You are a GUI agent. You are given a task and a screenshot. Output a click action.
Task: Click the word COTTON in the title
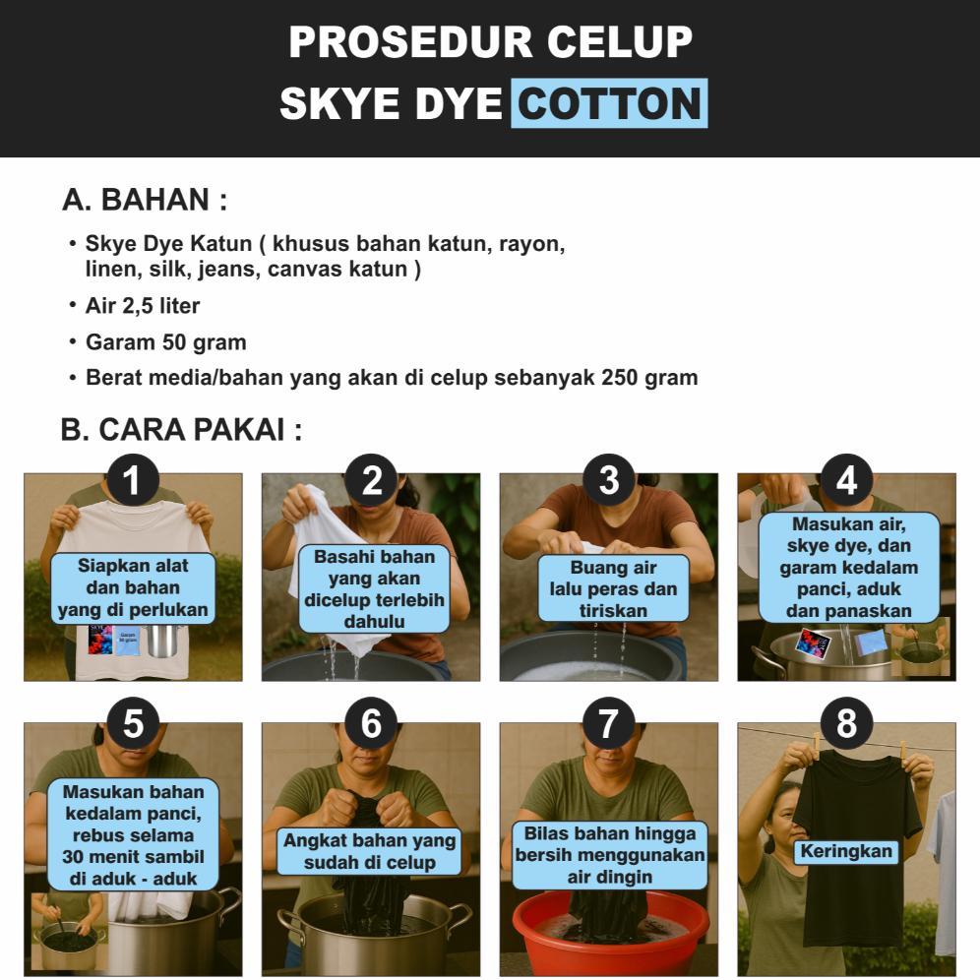click(609, 103)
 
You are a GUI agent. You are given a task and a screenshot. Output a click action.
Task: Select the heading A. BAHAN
click(145, 200)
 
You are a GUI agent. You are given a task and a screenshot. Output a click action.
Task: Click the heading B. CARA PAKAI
click(181, 430)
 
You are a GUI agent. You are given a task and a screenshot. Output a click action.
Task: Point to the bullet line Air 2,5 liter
click(143, 306)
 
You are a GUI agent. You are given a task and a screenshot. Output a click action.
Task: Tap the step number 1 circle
click(133, 480)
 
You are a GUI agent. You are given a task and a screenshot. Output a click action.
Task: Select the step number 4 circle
click(846, 480)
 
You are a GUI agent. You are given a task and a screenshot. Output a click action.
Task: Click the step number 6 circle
click(371, 723)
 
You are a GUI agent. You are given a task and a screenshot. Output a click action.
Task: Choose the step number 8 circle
click(846, 723)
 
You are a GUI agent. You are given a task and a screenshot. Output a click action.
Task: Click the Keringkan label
click(846, 851)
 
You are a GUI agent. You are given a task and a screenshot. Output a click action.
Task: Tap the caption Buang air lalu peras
click(613, 588)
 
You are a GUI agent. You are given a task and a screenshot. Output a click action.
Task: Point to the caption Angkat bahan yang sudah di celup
click(369, 851)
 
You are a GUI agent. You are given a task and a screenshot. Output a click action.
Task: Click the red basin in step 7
click(609, 931)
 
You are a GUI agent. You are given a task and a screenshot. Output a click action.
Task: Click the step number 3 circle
click(609, 480)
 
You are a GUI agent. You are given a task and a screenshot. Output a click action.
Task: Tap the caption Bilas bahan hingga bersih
click(609, 855)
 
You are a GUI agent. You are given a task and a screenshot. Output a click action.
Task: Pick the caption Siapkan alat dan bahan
click(133, 588)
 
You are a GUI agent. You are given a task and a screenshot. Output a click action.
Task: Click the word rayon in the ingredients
click(531, 244)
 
